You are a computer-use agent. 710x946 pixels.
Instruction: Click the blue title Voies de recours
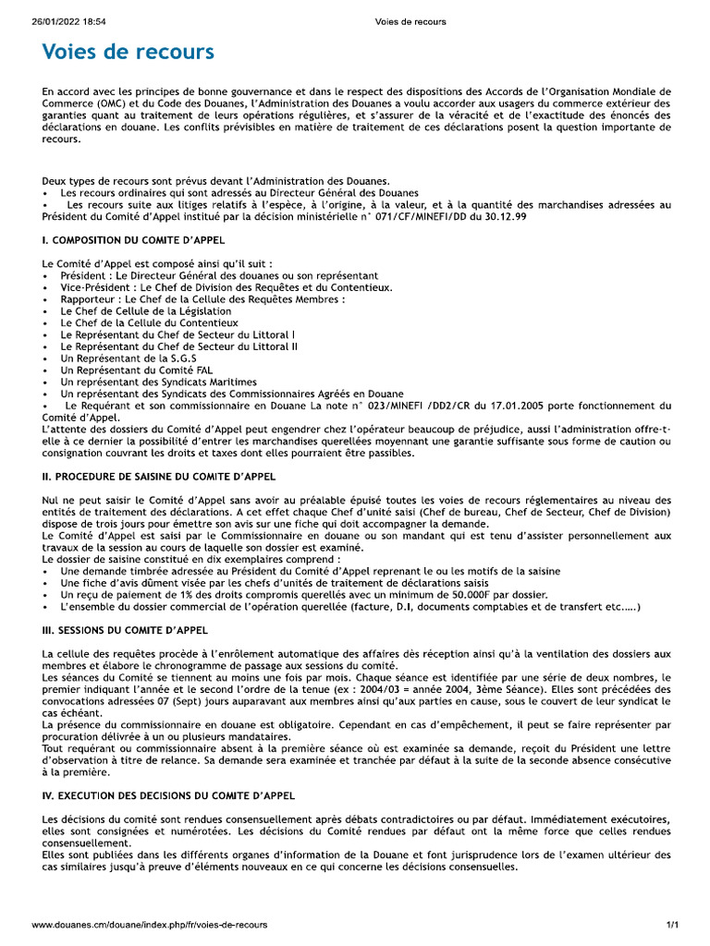tap(128, 53)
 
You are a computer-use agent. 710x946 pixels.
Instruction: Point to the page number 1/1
tap(672, 925)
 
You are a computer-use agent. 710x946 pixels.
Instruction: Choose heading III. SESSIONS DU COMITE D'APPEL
tap(125, 630)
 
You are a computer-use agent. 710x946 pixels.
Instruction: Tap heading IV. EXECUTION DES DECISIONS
tap(168, 794)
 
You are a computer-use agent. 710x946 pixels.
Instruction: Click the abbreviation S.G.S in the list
tap(179, 358)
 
